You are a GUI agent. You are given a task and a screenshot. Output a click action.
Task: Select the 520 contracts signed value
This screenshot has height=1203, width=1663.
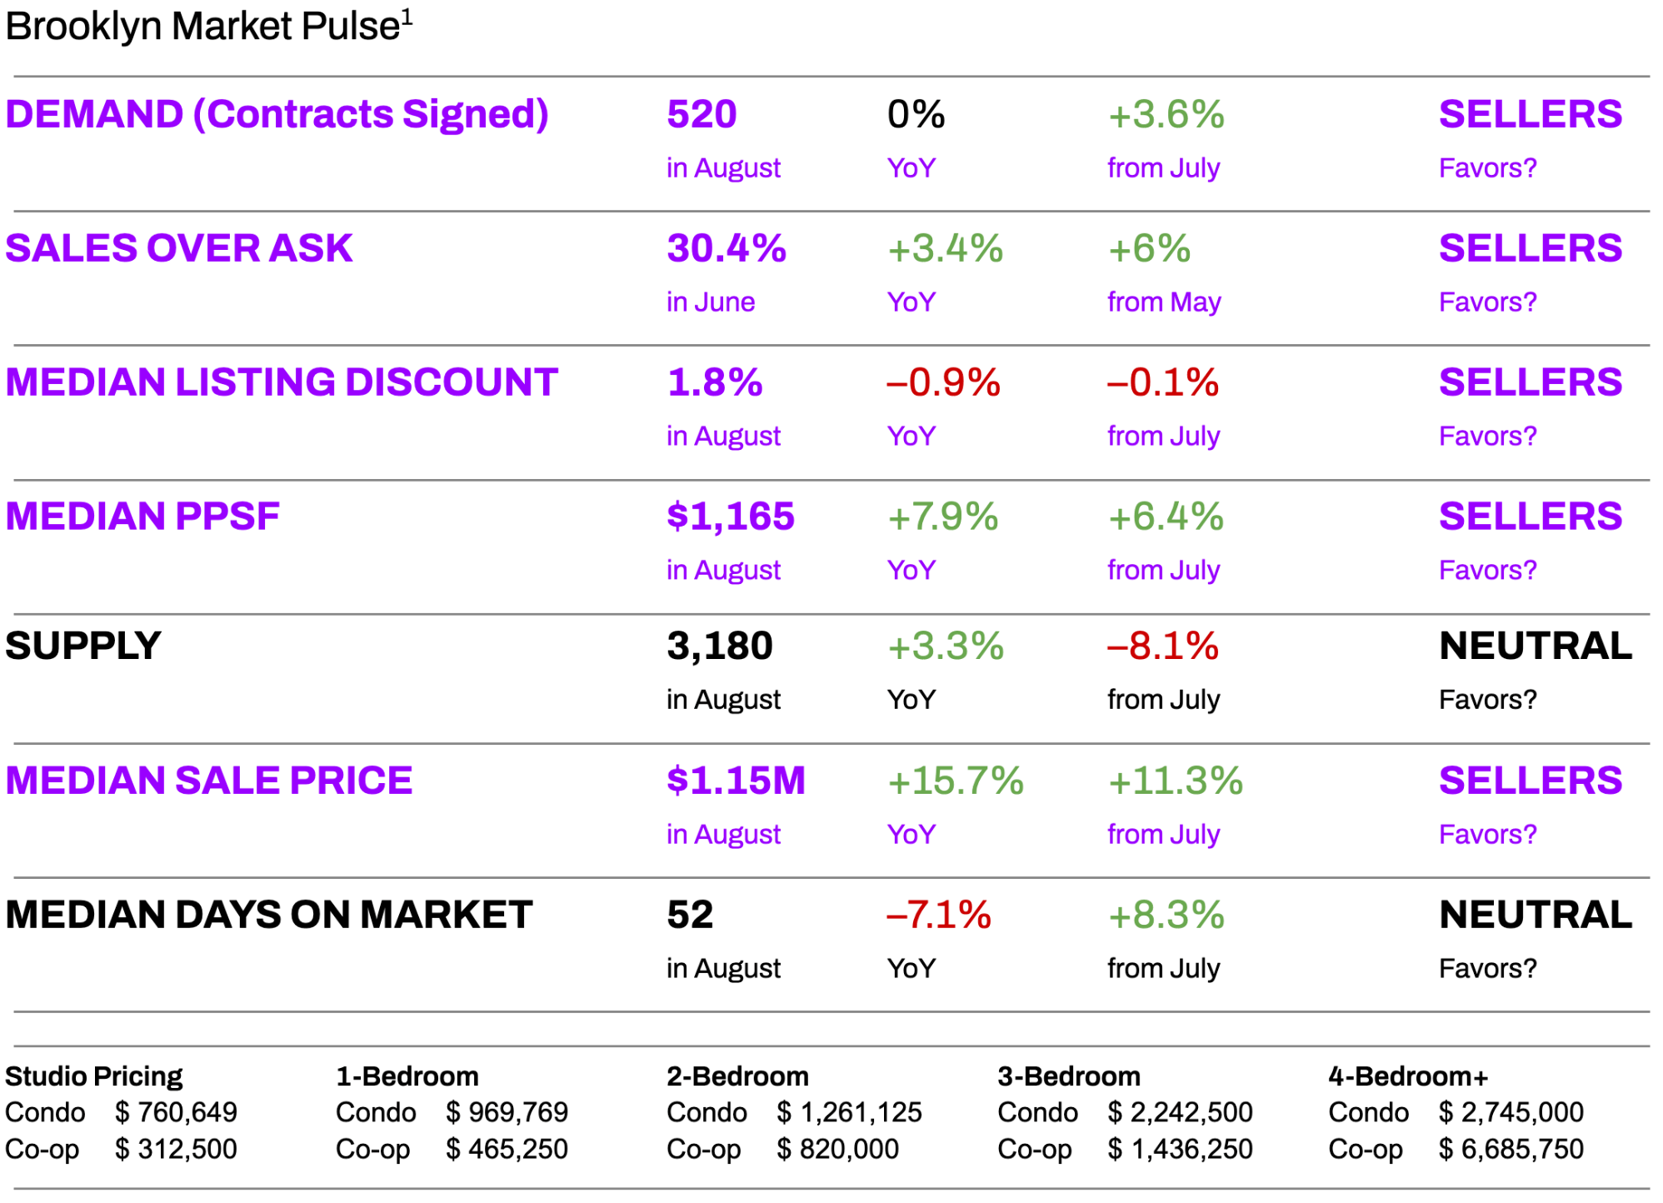(702, 114)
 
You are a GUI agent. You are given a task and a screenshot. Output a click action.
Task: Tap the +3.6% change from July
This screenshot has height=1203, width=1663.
(1166, 114)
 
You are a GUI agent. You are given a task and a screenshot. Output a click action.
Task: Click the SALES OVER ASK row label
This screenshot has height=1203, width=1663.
(179, 248)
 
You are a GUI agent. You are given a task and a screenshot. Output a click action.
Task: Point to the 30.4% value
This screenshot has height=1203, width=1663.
(726, 248)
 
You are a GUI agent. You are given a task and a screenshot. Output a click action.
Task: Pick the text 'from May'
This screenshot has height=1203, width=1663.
(1163, 302)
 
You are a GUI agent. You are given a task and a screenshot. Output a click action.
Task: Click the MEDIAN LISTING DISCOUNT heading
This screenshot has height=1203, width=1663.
(282, 382)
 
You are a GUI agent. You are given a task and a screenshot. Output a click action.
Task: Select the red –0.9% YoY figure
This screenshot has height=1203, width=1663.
(943, 382)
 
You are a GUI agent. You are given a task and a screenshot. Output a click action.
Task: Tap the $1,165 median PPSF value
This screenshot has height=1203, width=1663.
(730, 517)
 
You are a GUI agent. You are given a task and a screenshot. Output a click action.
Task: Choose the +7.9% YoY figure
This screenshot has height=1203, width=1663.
(943, 517)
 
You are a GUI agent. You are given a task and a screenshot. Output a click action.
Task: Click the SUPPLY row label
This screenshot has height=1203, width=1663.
(83, 646)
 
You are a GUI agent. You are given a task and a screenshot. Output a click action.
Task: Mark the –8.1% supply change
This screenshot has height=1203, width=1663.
(1163, 646)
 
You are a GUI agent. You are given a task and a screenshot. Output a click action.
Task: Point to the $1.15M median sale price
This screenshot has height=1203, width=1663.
(736, 781)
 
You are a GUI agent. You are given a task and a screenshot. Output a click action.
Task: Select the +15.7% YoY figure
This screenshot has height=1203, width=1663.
(955, 781)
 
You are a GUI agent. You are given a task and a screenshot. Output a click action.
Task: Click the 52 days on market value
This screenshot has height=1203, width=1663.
(690, 915)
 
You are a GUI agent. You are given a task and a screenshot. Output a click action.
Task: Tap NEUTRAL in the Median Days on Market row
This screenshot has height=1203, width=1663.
(1535, 915)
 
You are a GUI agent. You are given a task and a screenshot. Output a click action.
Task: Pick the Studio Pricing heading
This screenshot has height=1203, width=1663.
(93, 1076)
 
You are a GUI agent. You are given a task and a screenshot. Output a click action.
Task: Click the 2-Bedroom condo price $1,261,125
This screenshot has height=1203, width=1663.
(850, 1112)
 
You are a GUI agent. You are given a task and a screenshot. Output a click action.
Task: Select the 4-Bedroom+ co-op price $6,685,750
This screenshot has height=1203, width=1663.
(1511, 1149)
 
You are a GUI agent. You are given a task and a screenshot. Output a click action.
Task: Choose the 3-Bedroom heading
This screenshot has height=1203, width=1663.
(1068, 1076)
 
